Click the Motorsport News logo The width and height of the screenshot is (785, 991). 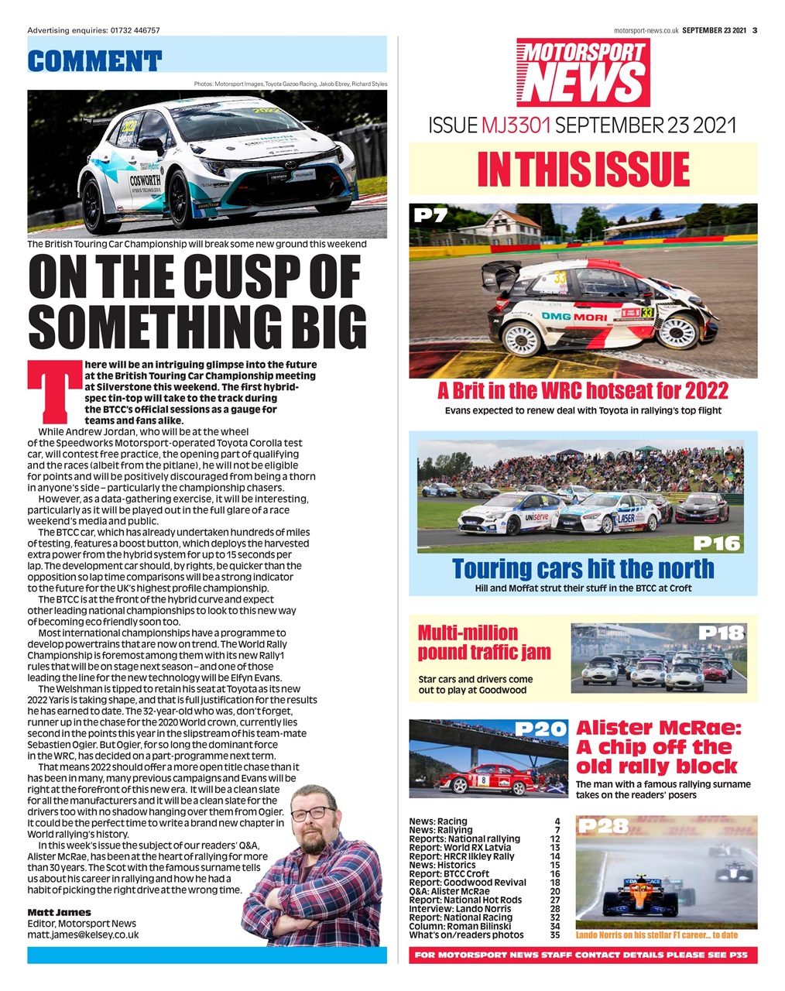(x=583, y=72)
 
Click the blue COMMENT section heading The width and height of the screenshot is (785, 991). (x=94, y=60)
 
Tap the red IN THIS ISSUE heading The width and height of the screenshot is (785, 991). (x=583, y=170)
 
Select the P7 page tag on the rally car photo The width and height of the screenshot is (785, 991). (x=430, y=214)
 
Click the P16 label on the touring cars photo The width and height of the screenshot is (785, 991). (x=716, y=543)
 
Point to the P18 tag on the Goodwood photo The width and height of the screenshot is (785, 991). (x=722, y=633)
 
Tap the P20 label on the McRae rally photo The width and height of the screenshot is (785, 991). (x=541, y=729)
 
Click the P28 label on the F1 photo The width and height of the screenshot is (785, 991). (x=602, y=826)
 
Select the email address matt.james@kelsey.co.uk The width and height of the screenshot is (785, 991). (x=83, y=934)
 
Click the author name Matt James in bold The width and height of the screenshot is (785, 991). (x=59, y=912)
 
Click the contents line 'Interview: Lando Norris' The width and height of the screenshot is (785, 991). (x=460, y=908)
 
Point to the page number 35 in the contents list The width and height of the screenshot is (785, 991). (x=554, y=934)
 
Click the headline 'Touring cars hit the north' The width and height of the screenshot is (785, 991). (x=583, y=568)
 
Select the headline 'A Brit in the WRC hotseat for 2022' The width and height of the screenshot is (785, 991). (x=583, y=389)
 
